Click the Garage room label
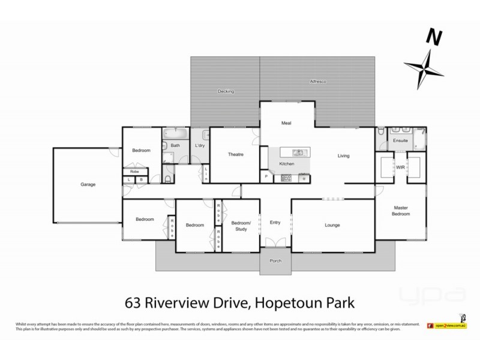coord(88,184)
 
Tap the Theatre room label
coord(235,155)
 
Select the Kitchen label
coord(287,163)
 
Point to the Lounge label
coord(332,225)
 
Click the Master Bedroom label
coord(401,211)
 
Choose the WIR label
coord(400,167)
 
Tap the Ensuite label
coord(401,140)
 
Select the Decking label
coord(226,91)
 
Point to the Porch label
coord(275,262)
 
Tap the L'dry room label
coord(200,145)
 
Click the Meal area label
coord(286,123)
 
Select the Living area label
coord(343,156)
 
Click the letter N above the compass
coord(431,37)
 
